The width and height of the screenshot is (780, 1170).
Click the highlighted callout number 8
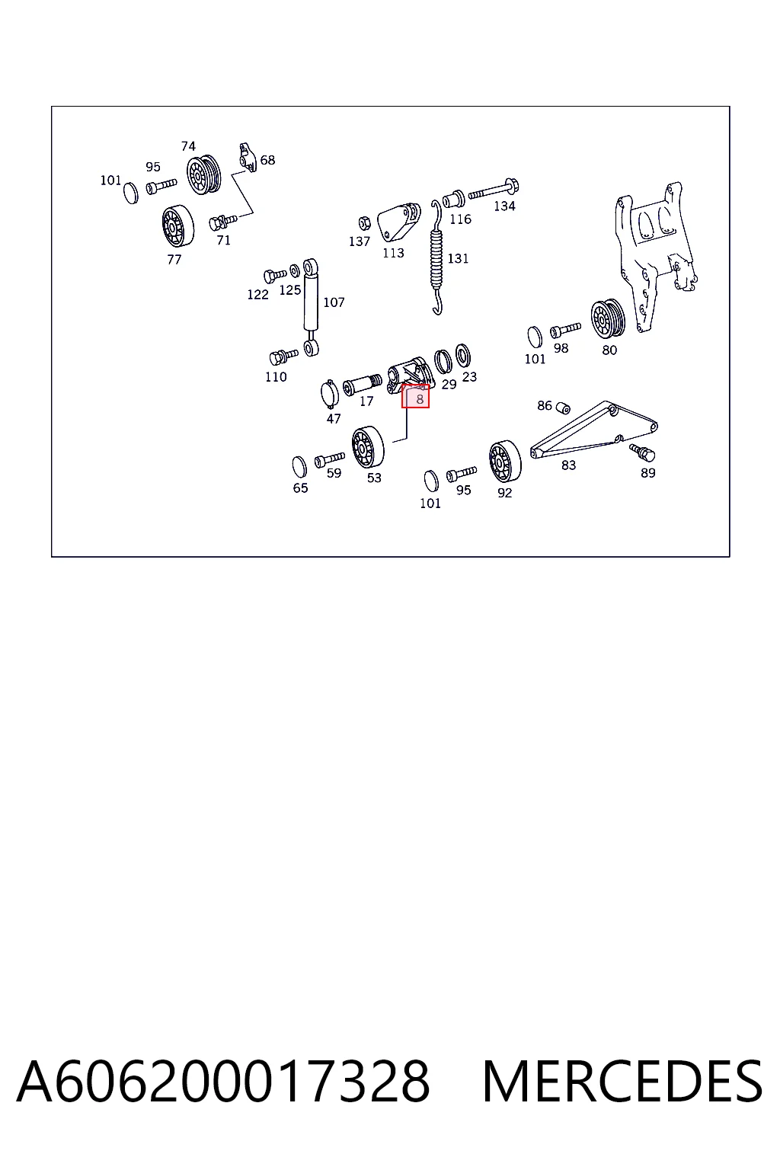(x=420, y=400)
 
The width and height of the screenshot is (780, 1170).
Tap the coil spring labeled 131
(x=436, y=257)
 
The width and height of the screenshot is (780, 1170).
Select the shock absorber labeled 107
(x=311, y=308)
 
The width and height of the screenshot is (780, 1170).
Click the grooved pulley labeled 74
(x=203, y=174)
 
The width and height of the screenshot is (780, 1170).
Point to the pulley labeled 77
(x=177, y=226)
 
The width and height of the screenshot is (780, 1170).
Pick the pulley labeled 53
(x=368, y=447)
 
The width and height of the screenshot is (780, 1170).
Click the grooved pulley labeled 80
(x=608, y=319)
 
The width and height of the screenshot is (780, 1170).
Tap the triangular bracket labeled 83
(x=593, y=430)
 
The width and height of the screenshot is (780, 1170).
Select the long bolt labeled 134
(x=494, y=190)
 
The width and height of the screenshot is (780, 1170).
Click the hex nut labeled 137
(x=365, y=223)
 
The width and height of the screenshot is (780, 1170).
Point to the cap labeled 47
(x=330, y=393)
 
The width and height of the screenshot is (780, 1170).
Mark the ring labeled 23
(x=463, y=355)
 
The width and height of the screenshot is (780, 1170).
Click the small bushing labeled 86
(x=562, y=408)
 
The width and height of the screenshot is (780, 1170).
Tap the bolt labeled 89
(x=642, y=452)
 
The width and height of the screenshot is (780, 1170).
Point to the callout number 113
(x=393, y=253)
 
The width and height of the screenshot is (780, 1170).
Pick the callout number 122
(x=257, y=295)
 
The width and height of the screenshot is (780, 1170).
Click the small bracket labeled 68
(x=248, y=157)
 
